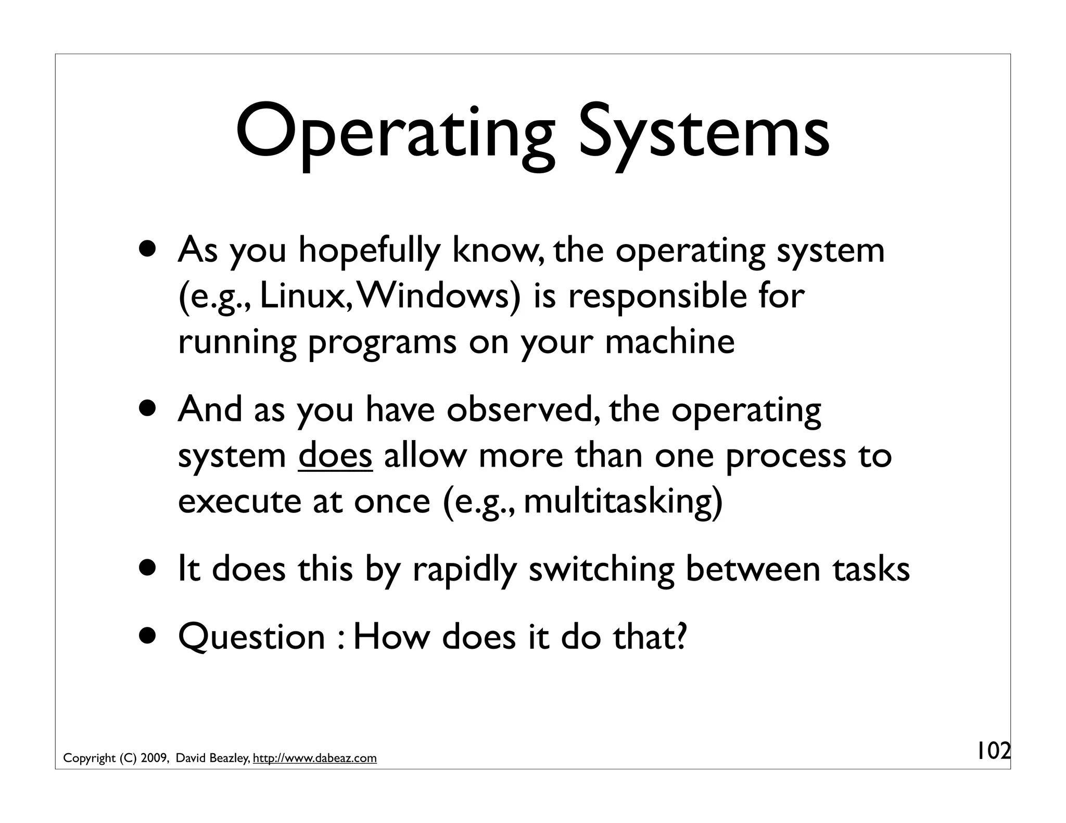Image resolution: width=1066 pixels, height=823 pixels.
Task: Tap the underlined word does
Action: pos(335,456)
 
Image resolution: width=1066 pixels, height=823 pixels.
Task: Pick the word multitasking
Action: pos(623,501)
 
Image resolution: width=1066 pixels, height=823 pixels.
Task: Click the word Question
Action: pos(251,637)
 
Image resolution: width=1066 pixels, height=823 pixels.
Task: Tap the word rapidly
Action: pos(464,570)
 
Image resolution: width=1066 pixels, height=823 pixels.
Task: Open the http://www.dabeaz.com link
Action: pos(314,758)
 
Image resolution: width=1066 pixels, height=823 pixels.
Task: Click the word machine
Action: pos(670,342)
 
